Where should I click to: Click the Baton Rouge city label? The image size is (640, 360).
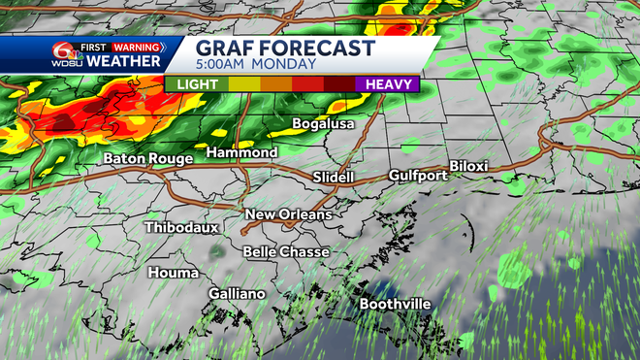[x=149, y=158]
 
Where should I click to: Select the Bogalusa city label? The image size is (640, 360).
[x=324, y=124]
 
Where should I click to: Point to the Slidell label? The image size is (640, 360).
[x=335, y=178]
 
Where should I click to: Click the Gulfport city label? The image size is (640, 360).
[x=418, y=176]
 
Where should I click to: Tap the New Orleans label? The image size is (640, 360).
[x=288, y=214]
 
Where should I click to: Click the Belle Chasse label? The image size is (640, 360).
[x=286, y=252]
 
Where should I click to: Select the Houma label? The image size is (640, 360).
[x=174, y=273]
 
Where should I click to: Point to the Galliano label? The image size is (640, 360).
[x=237, y=293]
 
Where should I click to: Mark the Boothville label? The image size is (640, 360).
[x=396, y=304]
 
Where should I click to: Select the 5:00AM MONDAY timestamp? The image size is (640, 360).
[x=256, y=65]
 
